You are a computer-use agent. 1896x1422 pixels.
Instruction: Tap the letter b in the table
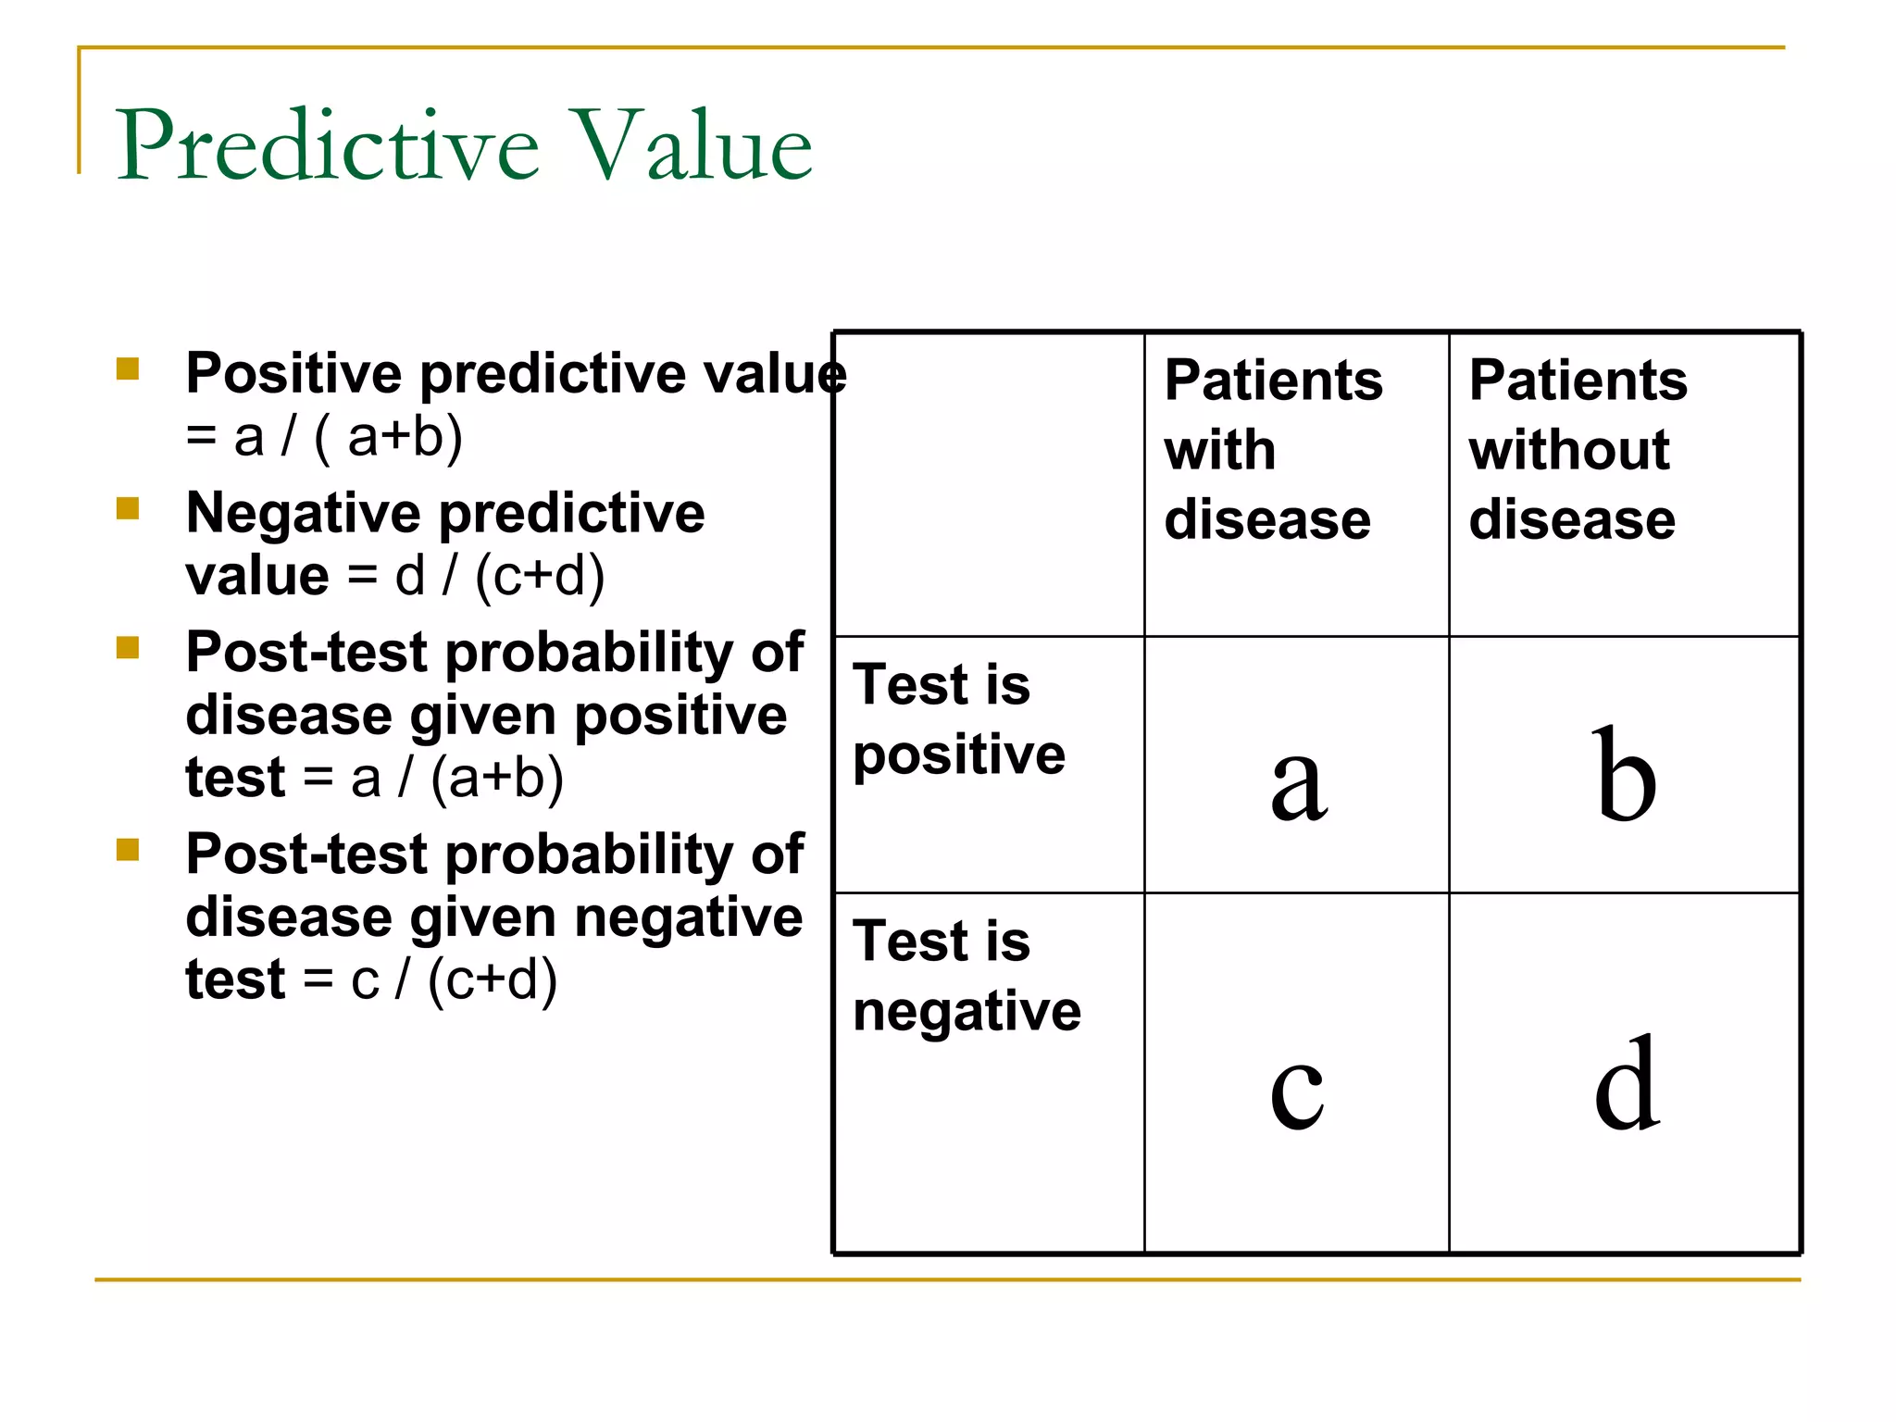coord(1624,776)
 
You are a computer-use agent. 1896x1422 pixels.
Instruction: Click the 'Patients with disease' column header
coord(1272,450)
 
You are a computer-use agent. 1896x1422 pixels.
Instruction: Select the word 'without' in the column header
coord(1568,451)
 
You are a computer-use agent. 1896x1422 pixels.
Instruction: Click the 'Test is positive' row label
coord(957,720)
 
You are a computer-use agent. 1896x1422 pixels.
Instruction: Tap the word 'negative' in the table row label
coord(967,1011)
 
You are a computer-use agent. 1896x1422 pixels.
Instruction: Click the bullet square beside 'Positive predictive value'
coord(128,370)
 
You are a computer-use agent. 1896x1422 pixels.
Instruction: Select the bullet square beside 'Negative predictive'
coord(128,509)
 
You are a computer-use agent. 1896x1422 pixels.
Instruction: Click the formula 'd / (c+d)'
coord(500,576)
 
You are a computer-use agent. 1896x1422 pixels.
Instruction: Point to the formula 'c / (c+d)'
coord(454,979)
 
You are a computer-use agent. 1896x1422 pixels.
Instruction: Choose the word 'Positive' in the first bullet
coord(293,374)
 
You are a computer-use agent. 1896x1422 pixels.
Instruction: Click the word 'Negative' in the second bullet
coord(302,513)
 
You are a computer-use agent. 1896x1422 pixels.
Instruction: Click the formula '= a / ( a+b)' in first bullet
coord(324,437)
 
